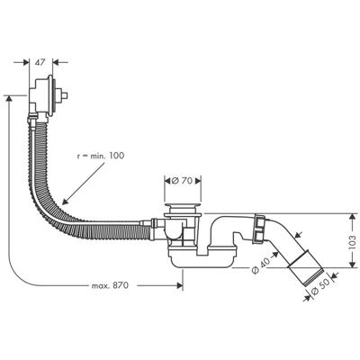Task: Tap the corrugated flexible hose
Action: [x=63, y=207]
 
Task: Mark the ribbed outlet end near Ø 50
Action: [x=307, y=269]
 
